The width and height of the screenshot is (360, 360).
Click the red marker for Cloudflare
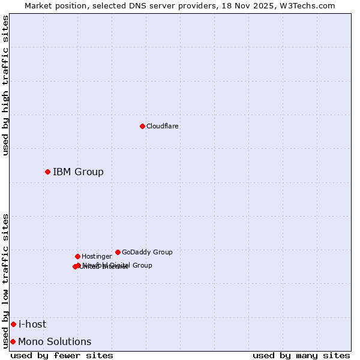pos(142,126)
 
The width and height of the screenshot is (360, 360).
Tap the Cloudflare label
pos(162,127)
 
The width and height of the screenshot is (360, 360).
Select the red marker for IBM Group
pos(47,172)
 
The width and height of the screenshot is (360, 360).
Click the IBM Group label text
pos(78,172)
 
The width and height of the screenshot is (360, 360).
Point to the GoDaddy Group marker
pos(118,252)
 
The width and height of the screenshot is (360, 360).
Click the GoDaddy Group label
pos(147,253)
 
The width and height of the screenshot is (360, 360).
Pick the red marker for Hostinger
pos(77,256)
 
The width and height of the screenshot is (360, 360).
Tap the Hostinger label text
pos(97,257)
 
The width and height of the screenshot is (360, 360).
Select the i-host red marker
pos(13,325)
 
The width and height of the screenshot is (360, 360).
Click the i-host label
pos(32,325)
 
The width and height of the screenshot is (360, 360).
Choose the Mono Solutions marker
pos(13,342)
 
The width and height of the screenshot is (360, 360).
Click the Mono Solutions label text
pos(55,342)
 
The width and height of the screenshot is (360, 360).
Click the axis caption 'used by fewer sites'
pos(62,356)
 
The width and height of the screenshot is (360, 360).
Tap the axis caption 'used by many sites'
pos(301,356)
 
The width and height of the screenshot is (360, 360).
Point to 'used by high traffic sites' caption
pos(6,85)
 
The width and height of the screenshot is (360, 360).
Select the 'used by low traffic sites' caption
pos(6,281)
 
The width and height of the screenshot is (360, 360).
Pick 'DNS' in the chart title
pos(130,5)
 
